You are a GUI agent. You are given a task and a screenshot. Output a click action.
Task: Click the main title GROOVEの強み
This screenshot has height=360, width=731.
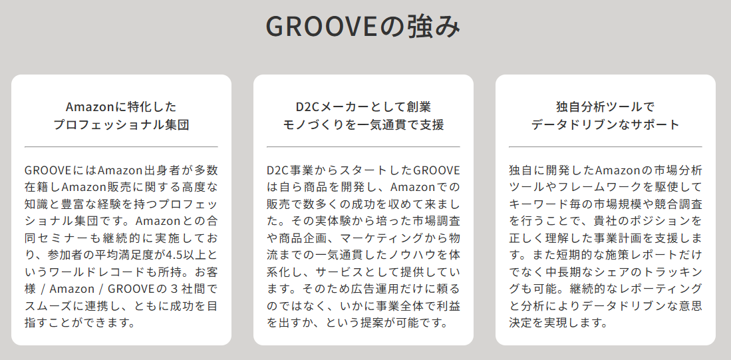[x=363, y=27]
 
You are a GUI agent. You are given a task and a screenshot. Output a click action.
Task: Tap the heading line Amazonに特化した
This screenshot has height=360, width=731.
[x=121, y=106]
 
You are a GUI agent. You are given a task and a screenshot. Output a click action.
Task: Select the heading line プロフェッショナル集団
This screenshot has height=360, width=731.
[x=121, y=124]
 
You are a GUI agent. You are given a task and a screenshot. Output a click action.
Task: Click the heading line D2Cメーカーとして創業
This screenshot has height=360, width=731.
[x=363, y=106]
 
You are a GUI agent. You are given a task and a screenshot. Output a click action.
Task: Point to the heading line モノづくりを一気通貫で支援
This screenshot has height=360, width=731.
[x=363, y=124]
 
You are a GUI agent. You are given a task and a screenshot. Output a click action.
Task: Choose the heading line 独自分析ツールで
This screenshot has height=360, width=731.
[x=605, y=106]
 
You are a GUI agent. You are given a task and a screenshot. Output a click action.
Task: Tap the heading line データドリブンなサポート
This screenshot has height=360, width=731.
[x=605, y=124]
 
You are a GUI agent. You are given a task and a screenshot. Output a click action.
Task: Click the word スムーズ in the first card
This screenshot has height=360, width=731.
[x=46, y=306]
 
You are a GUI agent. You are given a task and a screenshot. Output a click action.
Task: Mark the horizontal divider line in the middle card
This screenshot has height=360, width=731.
[x=363, y=147]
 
